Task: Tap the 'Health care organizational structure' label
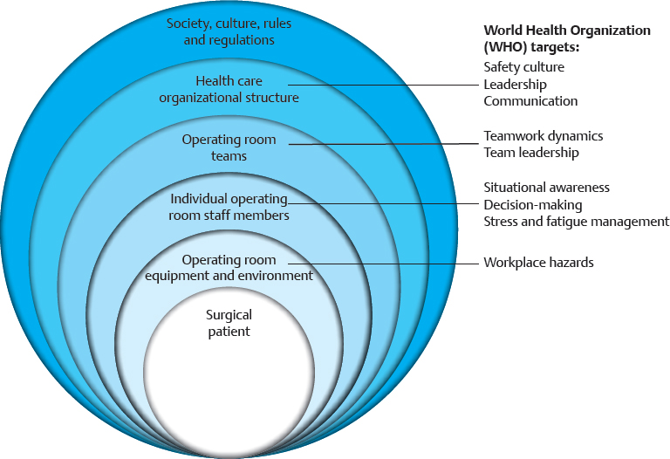229,89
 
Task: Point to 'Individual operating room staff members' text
229,207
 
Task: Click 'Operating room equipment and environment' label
229,268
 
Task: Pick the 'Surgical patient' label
228,323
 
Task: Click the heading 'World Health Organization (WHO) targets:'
566,38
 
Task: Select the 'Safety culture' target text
523,67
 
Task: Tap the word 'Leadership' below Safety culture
515,84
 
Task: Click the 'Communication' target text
530,101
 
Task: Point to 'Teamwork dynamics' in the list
543,136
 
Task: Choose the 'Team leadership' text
530,153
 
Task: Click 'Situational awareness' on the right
546,188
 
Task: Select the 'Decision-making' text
532,204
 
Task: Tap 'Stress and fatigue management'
576,222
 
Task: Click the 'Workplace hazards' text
538,263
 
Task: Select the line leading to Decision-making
393,204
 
